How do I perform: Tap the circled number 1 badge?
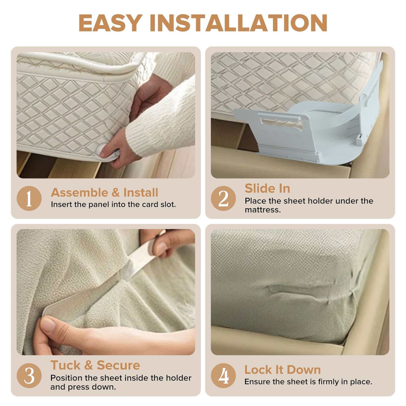(29, 198)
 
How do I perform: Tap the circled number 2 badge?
(223, 198)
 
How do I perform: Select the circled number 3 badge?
(29, 376)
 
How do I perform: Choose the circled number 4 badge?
(223, 376)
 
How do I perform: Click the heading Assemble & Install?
(104, 193)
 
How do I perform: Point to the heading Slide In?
(267, 188)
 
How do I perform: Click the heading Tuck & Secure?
(95, 365)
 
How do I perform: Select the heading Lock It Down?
(282, 370)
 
